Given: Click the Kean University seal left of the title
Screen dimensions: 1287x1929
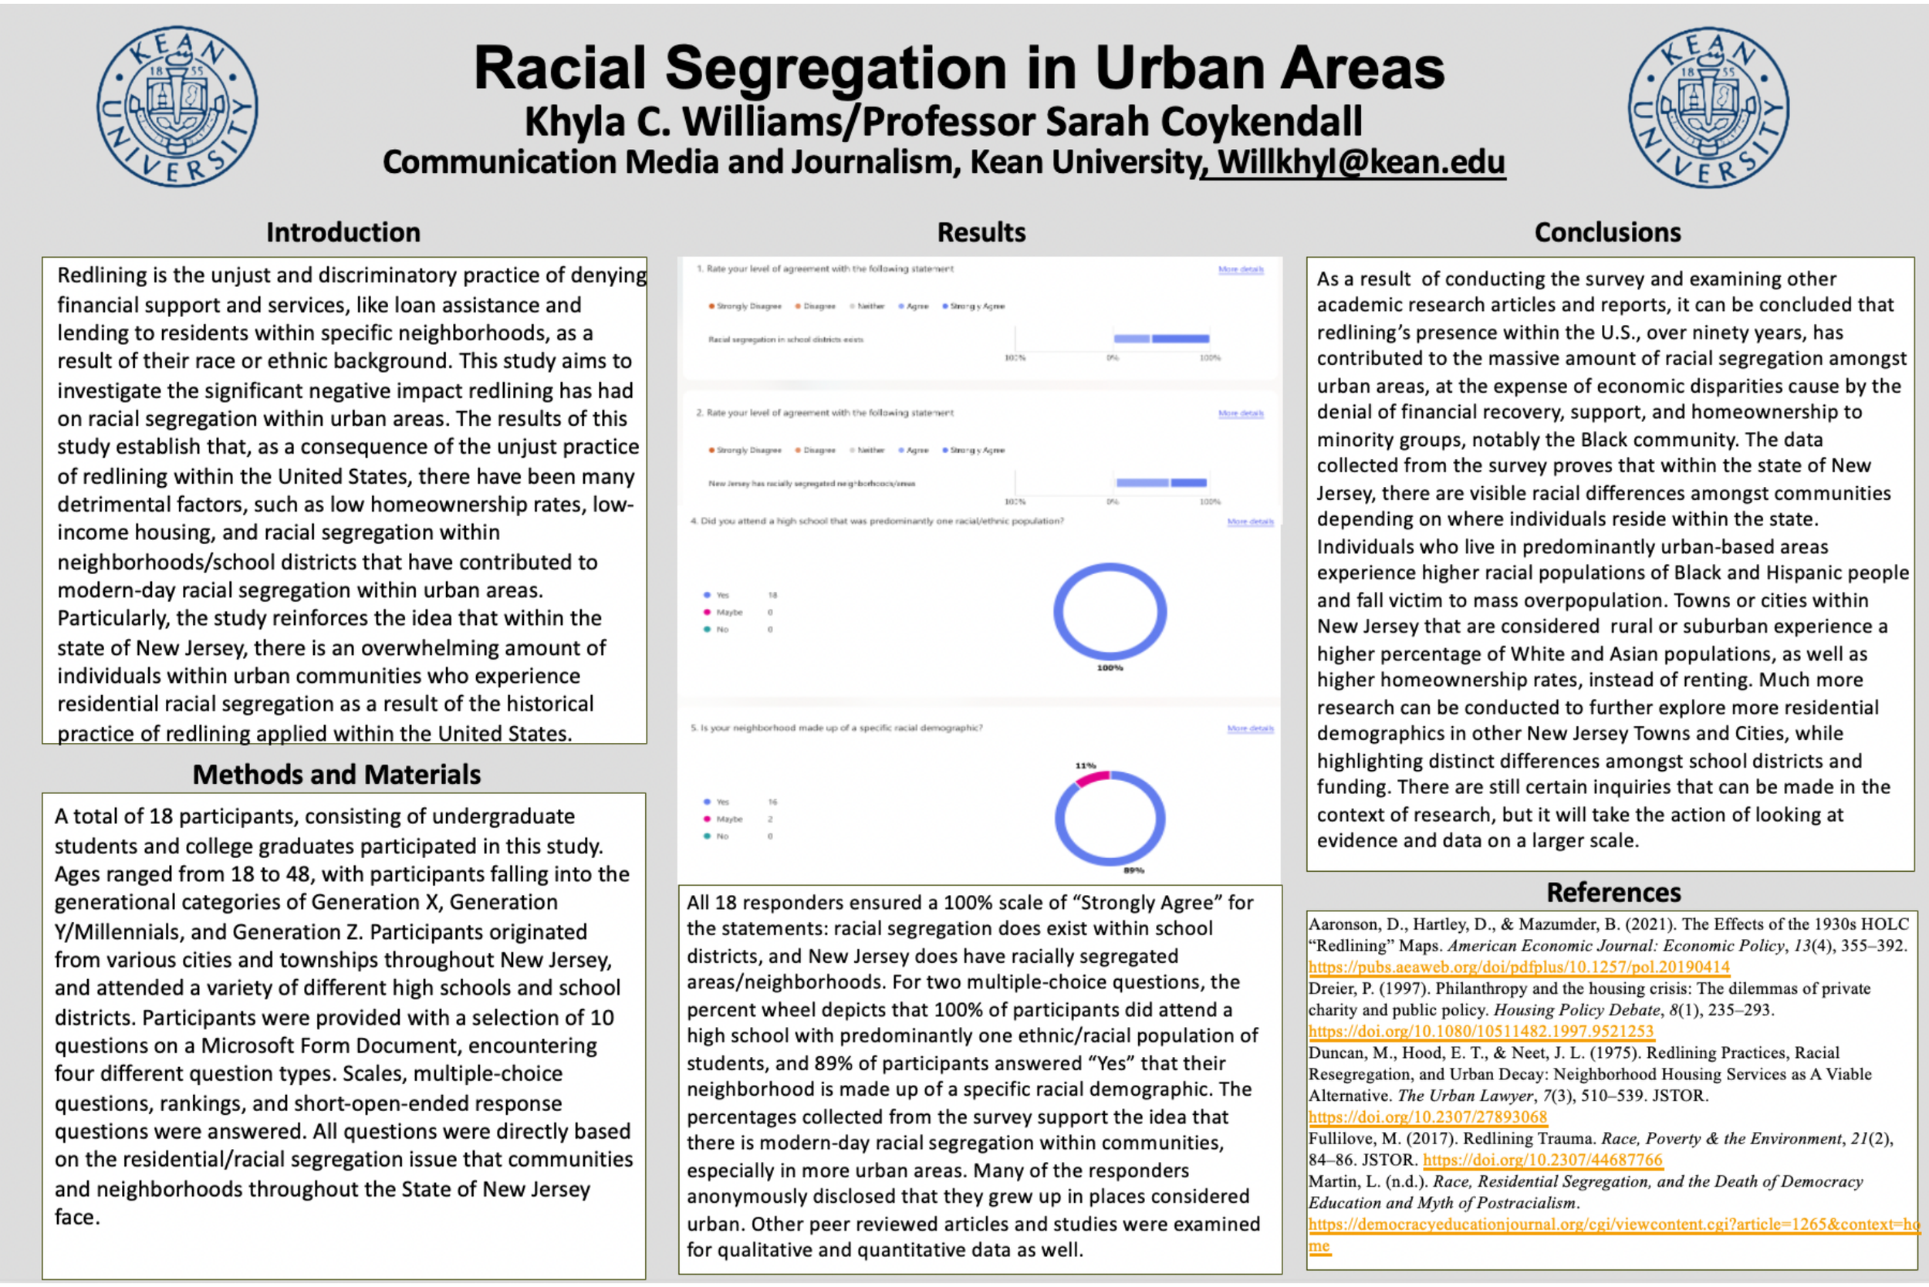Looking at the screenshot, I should (177, 106).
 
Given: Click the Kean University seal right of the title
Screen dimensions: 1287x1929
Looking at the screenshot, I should (1708, 106).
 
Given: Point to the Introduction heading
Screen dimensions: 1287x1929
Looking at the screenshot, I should (343, 232).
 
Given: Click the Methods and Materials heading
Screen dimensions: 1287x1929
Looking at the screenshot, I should (336, 774).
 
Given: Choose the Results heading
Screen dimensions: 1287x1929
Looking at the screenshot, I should (981, 232).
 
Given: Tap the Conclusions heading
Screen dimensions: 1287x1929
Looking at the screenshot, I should (1607, 232).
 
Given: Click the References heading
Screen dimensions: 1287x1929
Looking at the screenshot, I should (1613, 891).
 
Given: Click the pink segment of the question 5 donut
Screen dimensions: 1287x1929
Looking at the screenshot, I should (1092, 778).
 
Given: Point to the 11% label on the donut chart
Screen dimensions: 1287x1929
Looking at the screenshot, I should (1085, 765).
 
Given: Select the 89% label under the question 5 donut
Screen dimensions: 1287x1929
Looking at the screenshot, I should (1133, 870).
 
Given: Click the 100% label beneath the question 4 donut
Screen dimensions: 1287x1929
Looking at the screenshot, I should (1110, 668).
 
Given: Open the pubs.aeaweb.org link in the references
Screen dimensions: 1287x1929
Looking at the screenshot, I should (1519, 967).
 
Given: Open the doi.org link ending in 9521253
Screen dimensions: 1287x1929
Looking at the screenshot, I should (1481, 1031).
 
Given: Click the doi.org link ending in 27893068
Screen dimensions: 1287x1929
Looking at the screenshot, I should (1427, 1117).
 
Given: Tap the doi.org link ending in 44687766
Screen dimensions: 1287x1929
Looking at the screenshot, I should (1542, 1160).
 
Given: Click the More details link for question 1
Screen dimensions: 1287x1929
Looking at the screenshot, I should (1240, 269).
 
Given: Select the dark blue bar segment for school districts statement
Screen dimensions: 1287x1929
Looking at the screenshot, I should (1181, 338).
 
